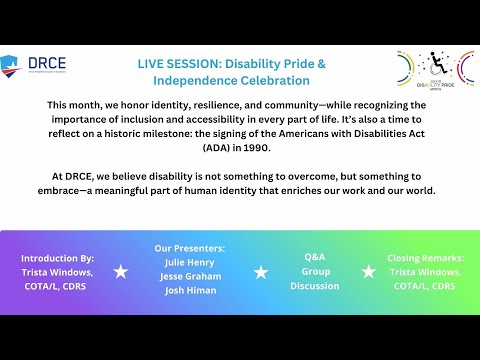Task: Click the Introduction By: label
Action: coord(57,257)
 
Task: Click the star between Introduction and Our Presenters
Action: coord(121,272)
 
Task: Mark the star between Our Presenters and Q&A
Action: coord(261,272)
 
